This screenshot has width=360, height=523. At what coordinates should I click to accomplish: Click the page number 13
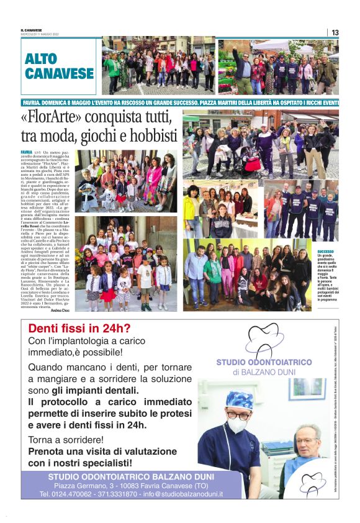tap(335, 32)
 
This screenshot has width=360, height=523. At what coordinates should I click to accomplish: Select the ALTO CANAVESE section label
tap(59, 66)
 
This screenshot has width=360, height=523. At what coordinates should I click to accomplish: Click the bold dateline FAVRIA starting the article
tap(27, 152)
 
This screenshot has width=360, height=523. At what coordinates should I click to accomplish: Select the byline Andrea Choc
tap(61, 309)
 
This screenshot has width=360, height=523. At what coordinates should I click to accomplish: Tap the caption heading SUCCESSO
tap(326, 252)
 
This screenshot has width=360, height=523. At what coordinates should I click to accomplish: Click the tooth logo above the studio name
tap(264, 340)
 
